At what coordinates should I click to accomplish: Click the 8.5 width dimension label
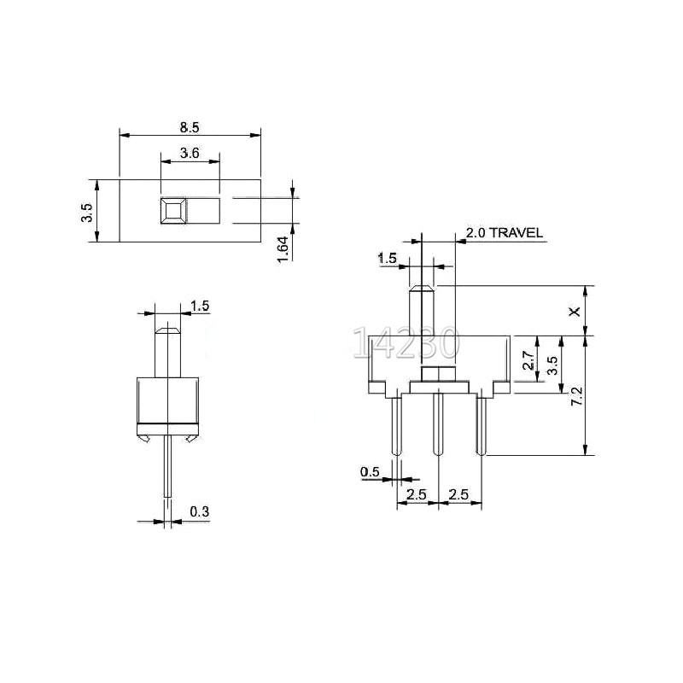tap(190, 127)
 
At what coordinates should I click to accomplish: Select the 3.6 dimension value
tap(190, 154)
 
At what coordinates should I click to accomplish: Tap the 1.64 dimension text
tap(284, 248)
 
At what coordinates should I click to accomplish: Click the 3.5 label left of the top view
tap(86, 211)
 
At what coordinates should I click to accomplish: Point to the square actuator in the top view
tap(173, 211)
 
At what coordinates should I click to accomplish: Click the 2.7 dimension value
tap(528, 359)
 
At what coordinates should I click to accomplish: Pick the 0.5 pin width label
tap(370, 471)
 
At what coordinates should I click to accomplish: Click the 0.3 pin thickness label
tap(199, 511)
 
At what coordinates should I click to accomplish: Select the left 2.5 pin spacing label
tap(417, 494)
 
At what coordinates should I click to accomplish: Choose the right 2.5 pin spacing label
tap(459, 494)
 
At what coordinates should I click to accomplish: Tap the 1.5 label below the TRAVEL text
tap(387, 258)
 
